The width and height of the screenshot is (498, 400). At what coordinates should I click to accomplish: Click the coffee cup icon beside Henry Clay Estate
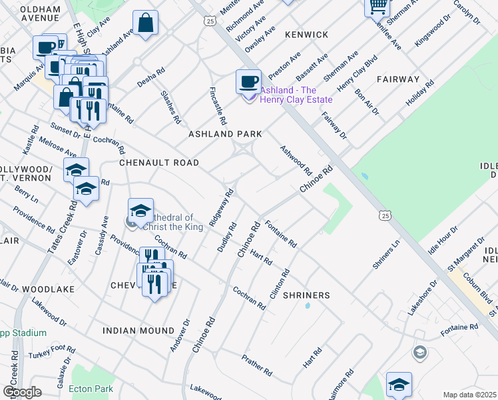pos(249,81)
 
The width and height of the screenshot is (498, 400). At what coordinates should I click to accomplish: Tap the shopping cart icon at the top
pos(377,6)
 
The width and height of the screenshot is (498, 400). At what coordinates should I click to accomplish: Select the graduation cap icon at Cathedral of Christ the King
pos(140,211)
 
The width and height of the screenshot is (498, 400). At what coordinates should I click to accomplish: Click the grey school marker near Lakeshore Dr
pos(419,352)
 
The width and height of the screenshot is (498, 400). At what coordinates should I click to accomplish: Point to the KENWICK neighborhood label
pos(307,34)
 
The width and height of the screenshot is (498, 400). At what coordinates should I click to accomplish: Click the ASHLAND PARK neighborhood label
pos(225,134)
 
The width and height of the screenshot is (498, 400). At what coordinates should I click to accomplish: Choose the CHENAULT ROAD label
pos(159,163)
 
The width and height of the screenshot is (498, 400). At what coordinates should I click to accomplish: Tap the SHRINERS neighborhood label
pos(306,295)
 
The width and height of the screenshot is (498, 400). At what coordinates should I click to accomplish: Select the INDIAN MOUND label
pos(137,331)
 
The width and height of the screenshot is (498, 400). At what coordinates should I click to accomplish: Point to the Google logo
pos(22,392)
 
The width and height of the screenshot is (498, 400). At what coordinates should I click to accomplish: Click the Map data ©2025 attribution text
pos(470,395)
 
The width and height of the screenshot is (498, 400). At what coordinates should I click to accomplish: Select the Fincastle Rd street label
pos(218,106)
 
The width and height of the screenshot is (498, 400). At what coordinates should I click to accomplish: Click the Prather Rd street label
pos(257,361)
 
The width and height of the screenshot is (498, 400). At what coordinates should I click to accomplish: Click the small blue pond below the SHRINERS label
pos(307,307)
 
